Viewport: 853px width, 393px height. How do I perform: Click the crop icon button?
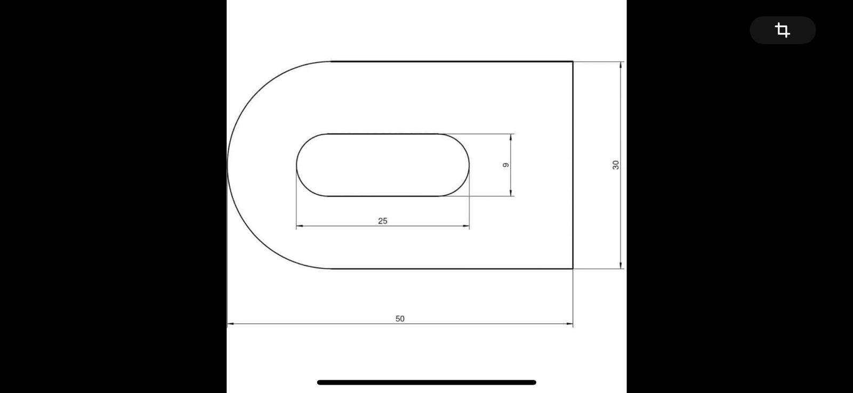783,30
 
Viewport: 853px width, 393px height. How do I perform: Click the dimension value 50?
400,319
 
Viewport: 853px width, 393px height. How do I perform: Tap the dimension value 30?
616,165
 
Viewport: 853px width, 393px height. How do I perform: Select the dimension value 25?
383,221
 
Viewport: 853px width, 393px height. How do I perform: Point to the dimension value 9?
506,165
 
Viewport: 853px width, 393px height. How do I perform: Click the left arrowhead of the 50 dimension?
230,324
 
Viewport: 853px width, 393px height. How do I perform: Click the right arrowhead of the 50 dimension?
570,324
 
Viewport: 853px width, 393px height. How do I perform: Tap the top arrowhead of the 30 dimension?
621,65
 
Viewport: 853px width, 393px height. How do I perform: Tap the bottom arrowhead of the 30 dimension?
621,265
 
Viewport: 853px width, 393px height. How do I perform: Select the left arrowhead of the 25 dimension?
300,226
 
